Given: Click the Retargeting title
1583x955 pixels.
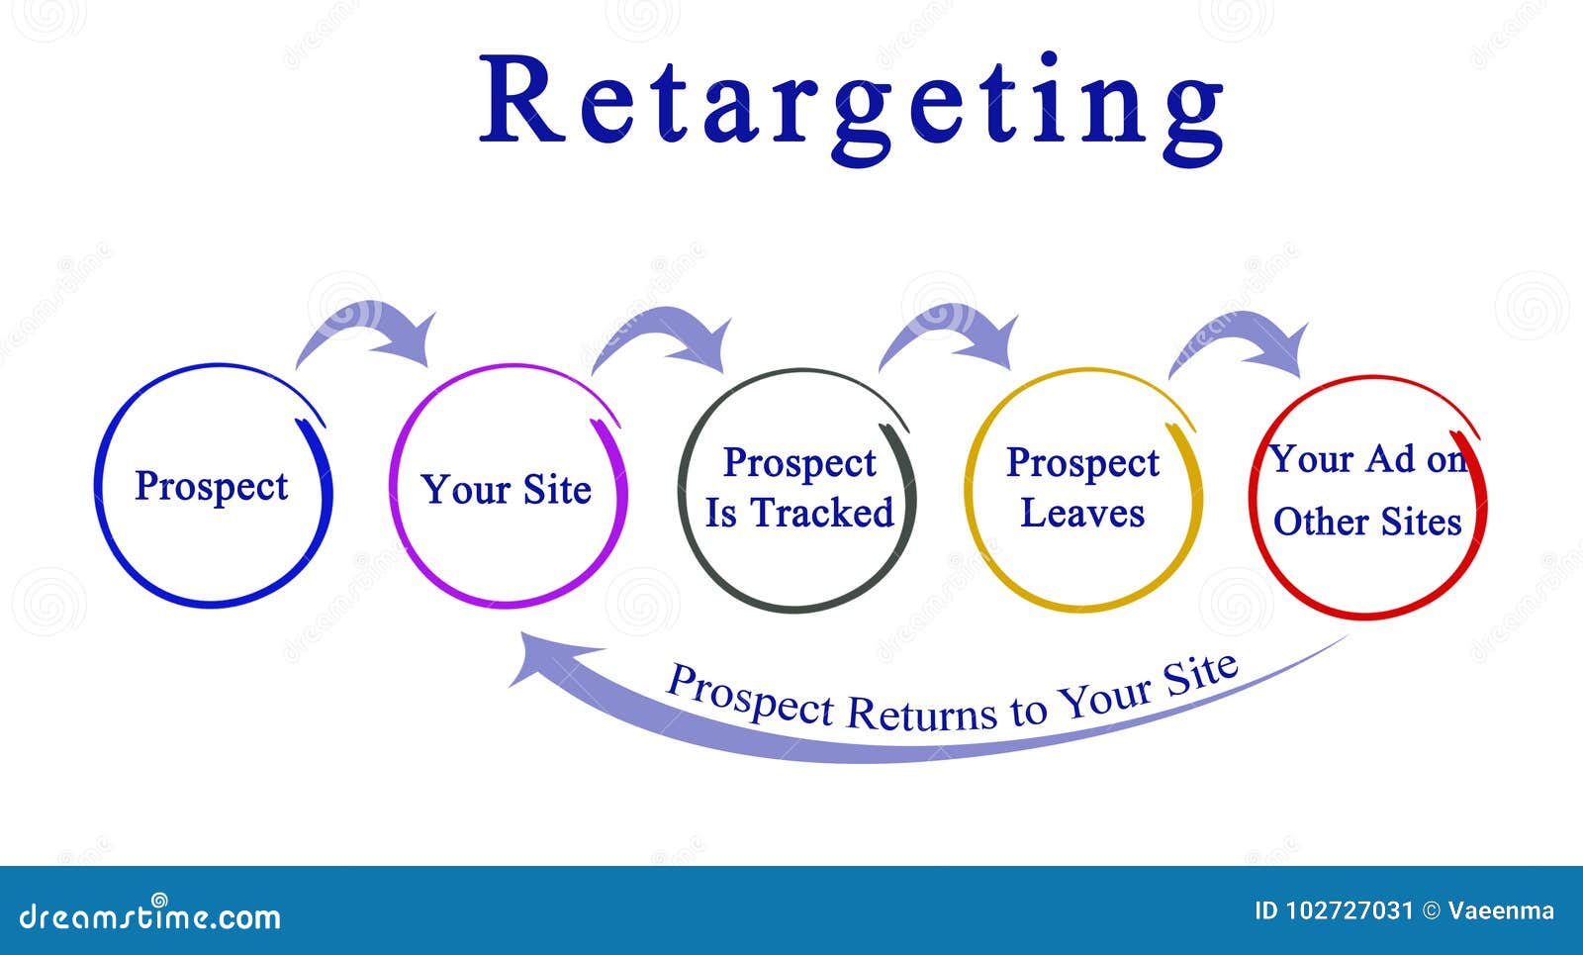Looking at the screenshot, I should (851, 104).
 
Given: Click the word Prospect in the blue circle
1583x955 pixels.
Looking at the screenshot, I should (211, 486).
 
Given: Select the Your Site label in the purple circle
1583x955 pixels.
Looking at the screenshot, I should (506, 490).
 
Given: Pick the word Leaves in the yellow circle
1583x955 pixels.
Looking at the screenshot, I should (1082, 513).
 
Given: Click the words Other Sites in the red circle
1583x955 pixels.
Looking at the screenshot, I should (1366, 522).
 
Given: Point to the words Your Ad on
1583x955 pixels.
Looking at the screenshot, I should (1366, 459).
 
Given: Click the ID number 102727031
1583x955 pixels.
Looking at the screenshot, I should (1351, 910).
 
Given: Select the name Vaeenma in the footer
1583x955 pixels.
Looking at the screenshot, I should (1501, 910).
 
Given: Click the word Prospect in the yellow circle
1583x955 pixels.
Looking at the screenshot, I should (1082, 463).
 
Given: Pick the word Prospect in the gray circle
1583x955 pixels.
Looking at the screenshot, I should (799, 463).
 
